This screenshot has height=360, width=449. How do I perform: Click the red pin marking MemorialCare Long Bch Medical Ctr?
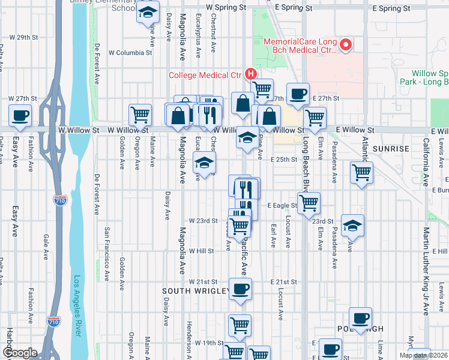point(346,45)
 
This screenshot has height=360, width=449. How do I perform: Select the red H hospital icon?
point(251,74)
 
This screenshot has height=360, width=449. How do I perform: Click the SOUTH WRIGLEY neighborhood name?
point(196,291)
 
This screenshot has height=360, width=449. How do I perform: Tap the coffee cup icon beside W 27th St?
point(20,115)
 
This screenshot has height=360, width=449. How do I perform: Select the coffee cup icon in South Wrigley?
point(240,289)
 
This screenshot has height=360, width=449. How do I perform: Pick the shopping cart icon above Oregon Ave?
point(140,113)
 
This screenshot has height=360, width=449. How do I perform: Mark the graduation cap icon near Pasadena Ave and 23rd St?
point(353,225)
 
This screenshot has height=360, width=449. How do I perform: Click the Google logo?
point(19,353)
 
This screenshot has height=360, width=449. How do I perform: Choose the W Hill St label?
point(202,251)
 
